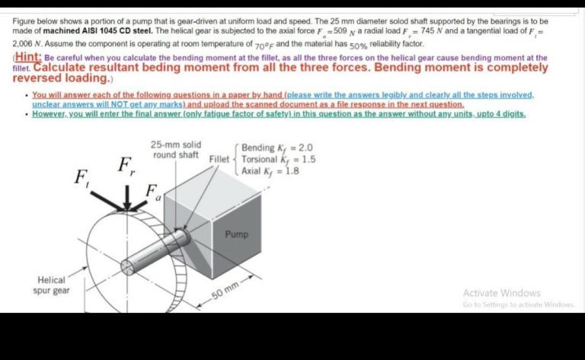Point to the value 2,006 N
(x=27, y=45)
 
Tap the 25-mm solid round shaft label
(x=176, y=150)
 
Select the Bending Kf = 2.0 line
(x=277, y=148)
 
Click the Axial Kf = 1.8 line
(x=270, y=171)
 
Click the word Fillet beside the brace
(x=218, y=159)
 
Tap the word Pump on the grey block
(x=236, y=234)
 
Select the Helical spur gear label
(x=50, y=286)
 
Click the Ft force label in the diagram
(x=78, y=179)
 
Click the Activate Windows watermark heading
(x=500, y=293)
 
